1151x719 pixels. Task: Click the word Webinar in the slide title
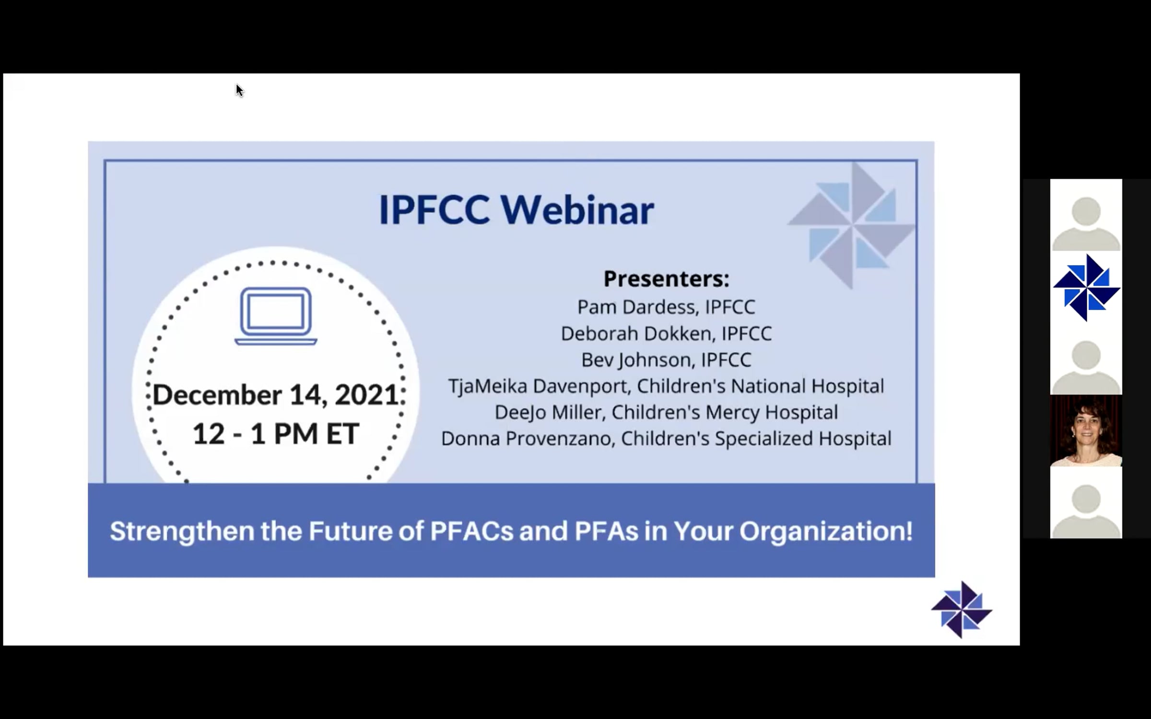tap(577, 210)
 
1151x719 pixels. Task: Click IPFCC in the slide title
tap(434, 210)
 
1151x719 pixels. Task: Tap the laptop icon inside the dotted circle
tap(276, 316)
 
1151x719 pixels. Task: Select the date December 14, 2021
tap(276, 395)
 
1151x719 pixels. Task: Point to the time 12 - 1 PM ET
tap(276, 434)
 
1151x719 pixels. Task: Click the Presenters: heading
tap(666, 279)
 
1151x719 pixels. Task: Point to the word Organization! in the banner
tap(826, 531)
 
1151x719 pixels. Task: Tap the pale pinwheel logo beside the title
tap(851, 225)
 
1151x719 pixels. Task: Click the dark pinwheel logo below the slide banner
tap(962, 610)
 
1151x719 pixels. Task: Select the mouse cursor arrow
tap(239, 90)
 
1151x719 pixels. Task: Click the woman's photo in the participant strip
tap(1086, 430)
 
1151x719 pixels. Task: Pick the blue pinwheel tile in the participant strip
tap(1086, 287)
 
